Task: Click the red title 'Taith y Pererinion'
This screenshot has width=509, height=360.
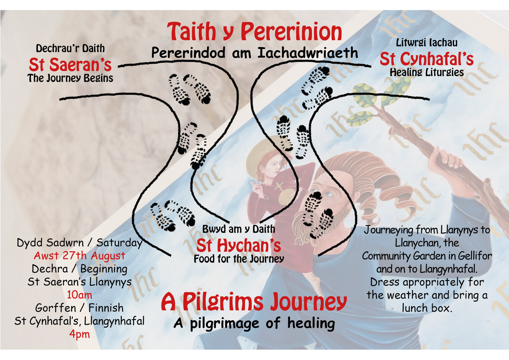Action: coord(254,32)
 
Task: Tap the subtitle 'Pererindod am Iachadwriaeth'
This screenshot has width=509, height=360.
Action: coord(254,53)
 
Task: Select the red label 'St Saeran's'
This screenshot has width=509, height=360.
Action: coord(70,64)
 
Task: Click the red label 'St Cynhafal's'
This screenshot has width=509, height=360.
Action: coord(426,59)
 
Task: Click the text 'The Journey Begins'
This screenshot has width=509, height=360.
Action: coord(70,78)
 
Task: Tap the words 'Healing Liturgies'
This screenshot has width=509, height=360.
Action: coord(426,72)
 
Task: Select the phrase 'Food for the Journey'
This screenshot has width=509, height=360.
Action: coord(239,259)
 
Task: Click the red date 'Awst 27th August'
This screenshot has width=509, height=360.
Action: coord(80,255)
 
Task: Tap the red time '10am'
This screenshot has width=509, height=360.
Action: coord(80,295)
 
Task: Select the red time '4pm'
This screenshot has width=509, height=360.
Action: coord(80,334)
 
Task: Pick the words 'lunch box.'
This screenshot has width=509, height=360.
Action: coord(427,308)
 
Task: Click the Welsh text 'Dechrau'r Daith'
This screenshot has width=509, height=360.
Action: coord(70,49)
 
